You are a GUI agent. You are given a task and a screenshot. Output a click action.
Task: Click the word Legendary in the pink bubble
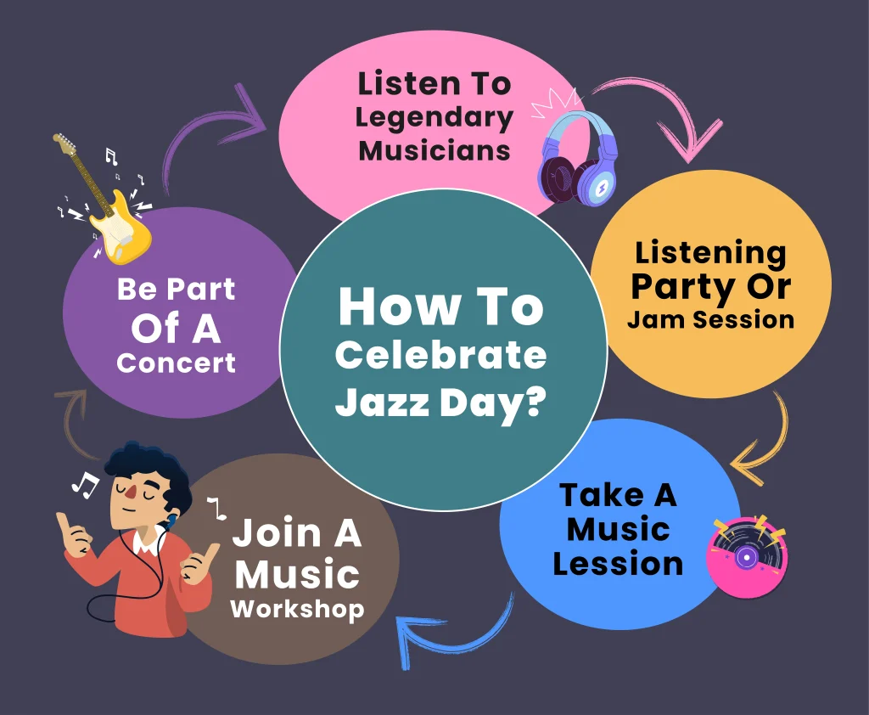434,117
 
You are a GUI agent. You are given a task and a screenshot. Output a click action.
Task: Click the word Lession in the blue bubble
618,564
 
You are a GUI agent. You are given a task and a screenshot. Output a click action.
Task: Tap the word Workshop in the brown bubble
297,609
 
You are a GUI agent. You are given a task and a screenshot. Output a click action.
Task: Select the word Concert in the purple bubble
177,363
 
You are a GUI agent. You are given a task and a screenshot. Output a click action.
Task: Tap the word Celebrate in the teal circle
440,354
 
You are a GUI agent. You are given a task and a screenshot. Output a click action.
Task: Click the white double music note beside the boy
84,485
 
